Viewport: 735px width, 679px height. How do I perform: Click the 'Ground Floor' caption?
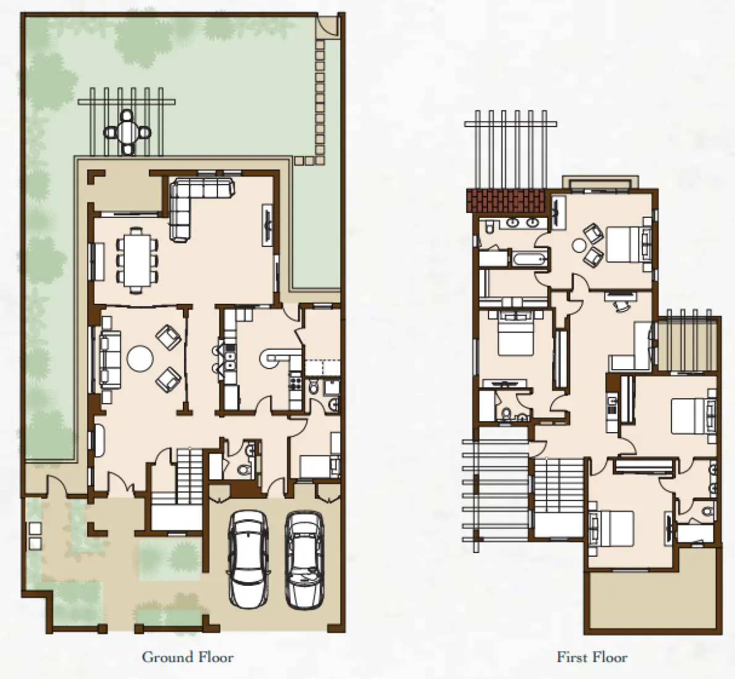tap(188, 657)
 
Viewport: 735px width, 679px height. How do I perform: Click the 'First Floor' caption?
tap(592, 657)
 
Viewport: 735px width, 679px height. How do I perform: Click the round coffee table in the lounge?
tap(140, 359)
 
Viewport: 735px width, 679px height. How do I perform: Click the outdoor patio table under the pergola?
tap(127, 131)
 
